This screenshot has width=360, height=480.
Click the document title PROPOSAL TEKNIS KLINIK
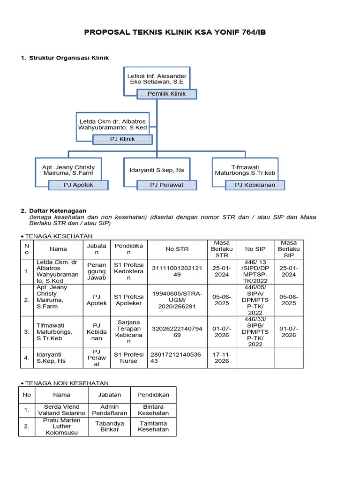click(x=178, y=32)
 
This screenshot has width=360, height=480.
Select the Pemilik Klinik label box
click(x=166, y=94)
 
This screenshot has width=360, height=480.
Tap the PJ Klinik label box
click(x=122, y=139)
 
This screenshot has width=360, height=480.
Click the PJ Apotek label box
click(x=78, y=185)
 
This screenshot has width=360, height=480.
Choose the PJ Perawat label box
click(x=166, y=185)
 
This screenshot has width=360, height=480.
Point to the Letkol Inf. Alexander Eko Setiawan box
click(x=157, y=79)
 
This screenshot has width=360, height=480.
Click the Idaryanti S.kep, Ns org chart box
click(x=157, y=170)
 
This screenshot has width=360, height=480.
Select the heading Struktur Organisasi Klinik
click(x=68, y=58)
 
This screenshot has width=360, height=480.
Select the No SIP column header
click(x=255, y=249)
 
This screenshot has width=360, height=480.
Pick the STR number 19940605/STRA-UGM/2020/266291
click(x=177, y=300)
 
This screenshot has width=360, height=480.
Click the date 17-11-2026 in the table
click(x=222, y=358)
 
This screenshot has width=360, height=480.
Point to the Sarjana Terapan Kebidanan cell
click(x=128, y=332)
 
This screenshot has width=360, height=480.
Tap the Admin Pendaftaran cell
click(x=110, y=410)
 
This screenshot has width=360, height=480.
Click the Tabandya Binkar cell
click(x=110, y=426)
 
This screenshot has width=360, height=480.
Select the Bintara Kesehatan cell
click(x=153, y=410)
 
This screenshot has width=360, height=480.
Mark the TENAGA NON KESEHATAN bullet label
click(x=67, y=383)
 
